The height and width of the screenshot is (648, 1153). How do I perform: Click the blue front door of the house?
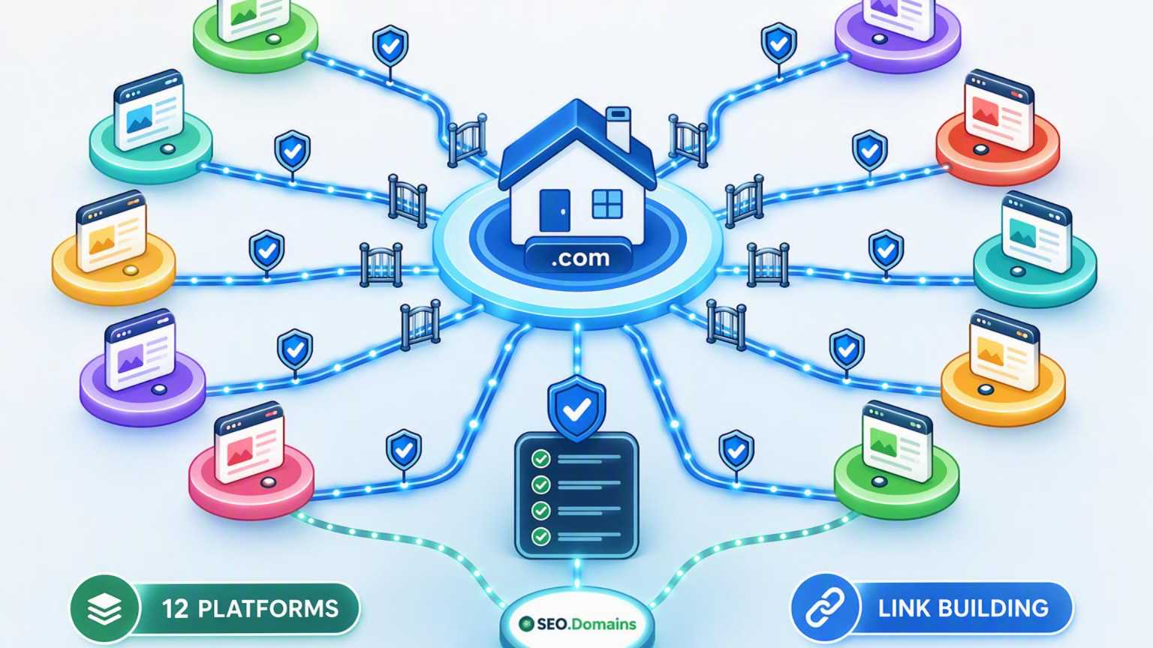click(x=555, y=210)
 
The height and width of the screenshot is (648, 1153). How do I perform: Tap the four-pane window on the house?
click(x=607, y=204)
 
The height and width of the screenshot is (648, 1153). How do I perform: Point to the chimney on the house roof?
click(x=619, y=125)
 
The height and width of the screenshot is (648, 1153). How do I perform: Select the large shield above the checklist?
click(x=576, y=407)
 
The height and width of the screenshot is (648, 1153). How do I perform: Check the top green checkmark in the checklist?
click(x=540, y=458)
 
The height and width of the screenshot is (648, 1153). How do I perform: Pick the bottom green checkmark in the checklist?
click(x=540, y=536)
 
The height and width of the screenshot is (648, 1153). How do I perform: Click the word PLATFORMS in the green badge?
click(x=268, y=609)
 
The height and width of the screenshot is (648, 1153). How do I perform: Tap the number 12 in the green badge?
click(x=176, y=609)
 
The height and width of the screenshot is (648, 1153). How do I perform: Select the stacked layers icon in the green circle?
click(x=104, y=610)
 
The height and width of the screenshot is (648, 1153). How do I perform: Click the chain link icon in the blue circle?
click(x=825, y=608)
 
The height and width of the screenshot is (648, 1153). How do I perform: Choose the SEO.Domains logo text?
click(x=578, y=624)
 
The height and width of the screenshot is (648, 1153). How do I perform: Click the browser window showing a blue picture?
click(x=149, y=109)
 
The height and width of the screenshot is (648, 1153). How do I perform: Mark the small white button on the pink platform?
click(x=268, y=482)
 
